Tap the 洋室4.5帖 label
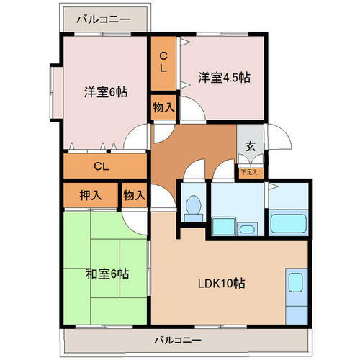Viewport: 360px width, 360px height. (x=224, y=77)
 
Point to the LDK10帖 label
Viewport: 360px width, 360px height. (x=222, y=283)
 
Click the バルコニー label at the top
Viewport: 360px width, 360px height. (x=105, y=19)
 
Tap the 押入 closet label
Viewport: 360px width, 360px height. (x=90, y=194)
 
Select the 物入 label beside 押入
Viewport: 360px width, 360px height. (x=134, y=194)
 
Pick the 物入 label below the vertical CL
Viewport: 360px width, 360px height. (x=163, y=108)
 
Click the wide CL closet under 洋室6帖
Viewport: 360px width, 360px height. (x=104, y=166)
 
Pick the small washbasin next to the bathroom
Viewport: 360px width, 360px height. (x=247, y=230)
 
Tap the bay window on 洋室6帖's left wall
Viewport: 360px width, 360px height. (x=54, y=92)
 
